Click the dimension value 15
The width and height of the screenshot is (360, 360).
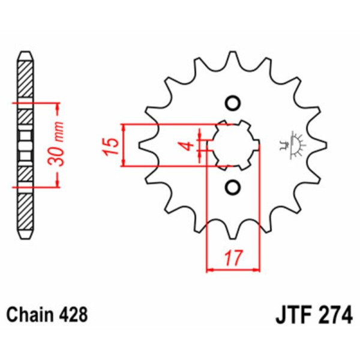[109, 146]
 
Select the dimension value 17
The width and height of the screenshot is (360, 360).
[232, 259]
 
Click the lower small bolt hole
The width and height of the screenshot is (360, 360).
[233, 188]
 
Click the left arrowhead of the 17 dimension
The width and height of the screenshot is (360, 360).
[210, 270]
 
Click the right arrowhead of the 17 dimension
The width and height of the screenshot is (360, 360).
[256, 270]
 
